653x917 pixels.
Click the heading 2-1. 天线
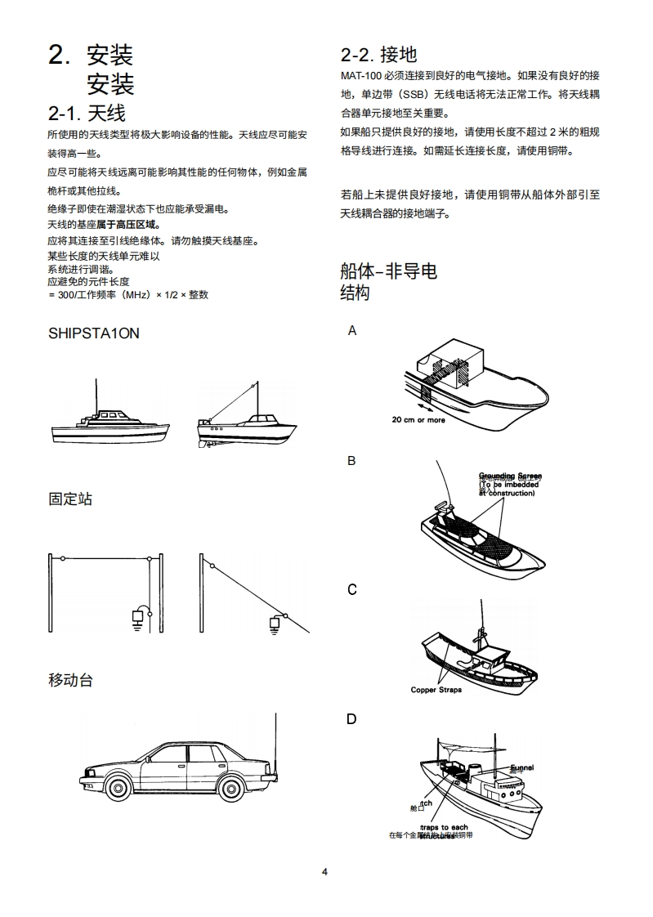tap(87, 113)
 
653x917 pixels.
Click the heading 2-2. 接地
tap(378, 55)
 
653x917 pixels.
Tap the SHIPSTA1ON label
tap(93, 334)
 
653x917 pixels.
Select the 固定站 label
tap(70, 499)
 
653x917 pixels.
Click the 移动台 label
tap(70, 679)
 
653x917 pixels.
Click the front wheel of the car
tap(117, 787)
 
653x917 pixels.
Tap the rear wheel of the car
tap(232, 787)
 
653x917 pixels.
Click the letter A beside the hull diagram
tap(352, 331)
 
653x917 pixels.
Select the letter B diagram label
tap(351, 461)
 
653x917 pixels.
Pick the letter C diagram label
tap(352, 589)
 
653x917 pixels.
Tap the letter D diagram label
tap(351, 719)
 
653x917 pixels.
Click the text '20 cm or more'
tap(418, 420)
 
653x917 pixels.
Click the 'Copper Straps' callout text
tap(436, 690)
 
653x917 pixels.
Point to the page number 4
tap(324, 871)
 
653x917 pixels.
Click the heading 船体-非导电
tap(388, 271)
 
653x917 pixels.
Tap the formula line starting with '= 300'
tap(128, 294)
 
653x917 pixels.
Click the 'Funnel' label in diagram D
tap(521, 767)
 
